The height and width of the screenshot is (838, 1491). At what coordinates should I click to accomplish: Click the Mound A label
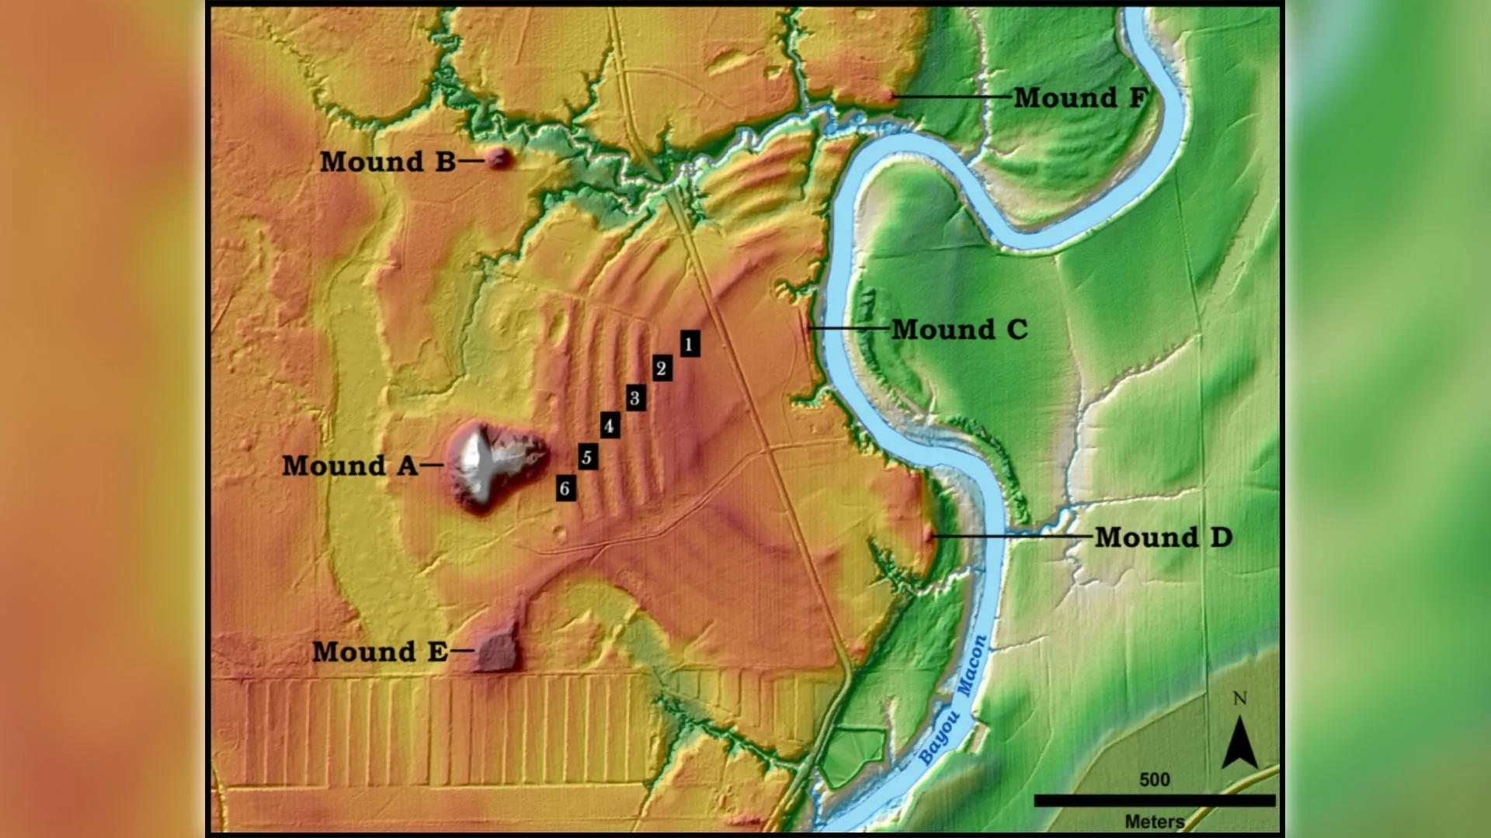point(349,466)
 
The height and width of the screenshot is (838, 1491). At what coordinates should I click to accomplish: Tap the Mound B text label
point(388,161)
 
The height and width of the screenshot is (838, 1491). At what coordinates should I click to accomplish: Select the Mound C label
point(959,330)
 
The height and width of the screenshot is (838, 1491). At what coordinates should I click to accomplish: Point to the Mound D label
point(1163,537)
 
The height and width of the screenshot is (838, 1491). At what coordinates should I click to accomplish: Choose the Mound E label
point(380,652)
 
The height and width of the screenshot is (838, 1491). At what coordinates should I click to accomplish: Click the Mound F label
point(1079,98)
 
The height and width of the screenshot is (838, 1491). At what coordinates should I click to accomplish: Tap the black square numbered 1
point(689,344)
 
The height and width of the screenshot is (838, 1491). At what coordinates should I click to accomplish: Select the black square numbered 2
point(662,368)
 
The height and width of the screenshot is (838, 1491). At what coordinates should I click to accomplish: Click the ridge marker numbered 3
point(635,398)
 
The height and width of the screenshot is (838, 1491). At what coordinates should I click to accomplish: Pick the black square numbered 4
point(610,426)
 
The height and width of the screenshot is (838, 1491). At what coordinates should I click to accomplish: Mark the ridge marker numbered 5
point(588,458)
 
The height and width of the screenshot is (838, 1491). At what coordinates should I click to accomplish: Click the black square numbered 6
point(566,489)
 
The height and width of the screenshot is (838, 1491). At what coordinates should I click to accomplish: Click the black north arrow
point(1239,743)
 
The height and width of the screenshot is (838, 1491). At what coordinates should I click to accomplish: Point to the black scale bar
point(1154,800)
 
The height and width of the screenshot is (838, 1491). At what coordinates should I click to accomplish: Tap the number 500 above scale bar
point(1154,780)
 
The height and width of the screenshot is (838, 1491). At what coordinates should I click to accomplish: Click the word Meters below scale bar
point(1154,822)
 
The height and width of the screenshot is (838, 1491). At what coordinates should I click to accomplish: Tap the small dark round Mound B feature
point(499,159)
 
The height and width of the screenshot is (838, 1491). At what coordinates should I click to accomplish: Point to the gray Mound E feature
point(495,651)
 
